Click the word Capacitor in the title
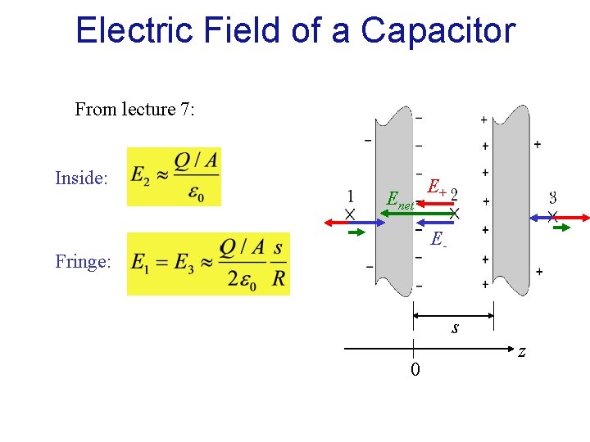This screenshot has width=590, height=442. pos(438,31)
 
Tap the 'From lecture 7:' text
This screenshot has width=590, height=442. pos(135,109)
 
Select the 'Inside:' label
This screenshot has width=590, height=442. pos(81,178)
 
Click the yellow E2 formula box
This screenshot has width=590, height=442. pos(174,177)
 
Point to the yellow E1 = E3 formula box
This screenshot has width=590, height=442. pos(208,264)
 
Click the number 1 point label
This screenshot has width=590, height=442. pos(350,196)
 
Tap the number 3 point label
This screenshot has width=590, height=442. pos(553,197)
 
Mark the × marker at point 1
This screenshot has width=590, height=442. pos(349,214)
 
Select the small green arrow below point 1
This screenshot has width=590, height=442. pos(357,232)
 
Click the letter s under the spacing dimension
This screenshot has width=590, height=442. pos(455,328)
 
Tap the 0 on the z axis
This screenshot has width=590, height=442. pos(415,370)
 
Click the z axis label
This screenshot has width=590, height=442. pos(521,351)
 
